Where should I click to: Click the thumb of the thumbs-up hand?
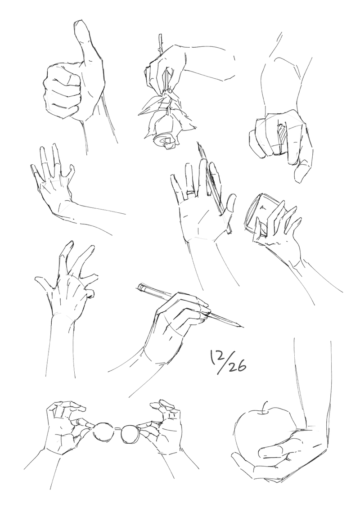[87, 42]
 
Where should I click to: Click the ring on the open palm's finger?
[190, 194]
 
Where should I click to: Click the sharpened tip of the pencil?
[242, 326]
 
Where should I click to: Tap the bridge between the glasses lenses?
[117, 428]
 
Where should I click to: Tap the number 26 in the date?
[238, 368]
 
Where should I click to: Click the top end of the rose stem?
[160, 35]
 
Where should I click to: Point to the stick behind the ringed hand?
[215, 188]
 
